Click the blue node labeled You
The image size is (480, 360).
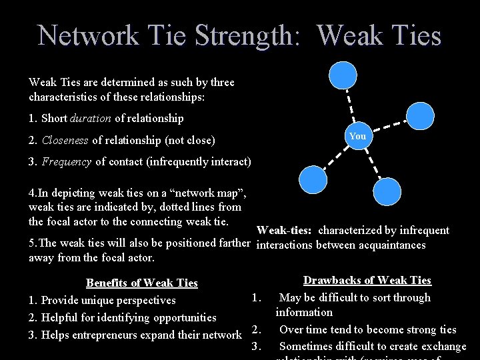pos(358,137)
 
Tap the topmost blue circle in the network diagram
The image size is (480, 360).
pos(344,75)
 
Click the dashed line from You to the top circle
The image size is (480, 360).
pos(351,105)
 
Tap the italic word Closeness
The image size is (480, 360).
pos(65,140)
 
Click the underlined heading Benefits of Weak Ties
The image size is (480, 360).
pos(142,283)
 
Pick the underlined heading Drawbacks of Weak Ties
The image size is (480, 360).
pos(367,281)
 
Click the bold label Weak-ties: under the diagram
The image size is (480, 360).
pos(284,231)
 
